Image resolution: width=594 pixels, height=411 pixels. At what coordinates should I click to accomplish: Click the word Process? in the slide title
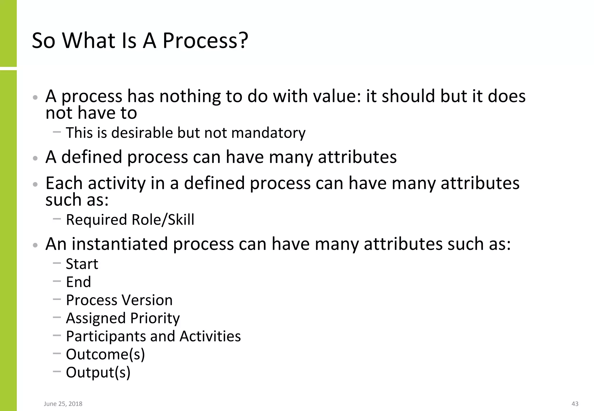click(x=205, y=41)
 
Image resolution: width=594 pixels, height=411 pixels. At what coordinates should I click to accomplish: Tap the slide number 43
click(x=575, y=404)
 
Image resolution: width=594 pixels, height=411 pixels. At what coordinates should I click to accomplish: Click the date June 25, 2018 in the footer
click(x=63, y=404)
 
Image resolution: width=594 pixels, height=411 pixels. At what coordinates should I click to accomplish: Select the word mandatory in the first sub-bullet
click(x=268, y=133)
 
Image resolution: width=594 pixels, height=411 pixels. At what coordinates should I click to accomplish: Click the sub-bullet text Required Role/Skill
click(x=130, y=219)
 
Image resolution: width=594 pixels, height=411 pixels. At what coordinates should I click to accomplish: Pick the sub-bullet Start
click(x=82, y=264)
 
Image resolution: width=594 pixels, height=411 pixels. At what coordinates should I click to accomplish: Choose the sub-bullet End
click(x=78, y=282)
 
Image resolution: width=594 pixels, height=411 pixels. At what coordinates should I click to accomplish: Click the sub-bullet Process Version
click(x=119, y=300)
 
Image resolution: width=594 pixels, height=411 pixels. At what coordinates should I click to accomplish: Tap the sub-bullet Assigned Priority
click(x=123, y=318)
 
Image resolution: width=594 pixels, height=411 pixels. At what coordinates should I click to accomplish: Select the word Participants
click(x=106, y=336)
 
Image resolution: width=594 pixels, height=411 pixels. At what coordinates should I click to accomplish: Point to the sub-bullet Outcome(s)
click(x=105, y=354)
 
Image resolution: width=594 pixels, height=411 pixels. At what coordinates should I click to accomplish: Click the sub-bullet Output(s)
click(x=98, y=372)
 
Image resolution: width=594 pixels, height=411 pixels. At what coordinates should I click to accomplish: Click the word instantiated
click(x=120, y=244)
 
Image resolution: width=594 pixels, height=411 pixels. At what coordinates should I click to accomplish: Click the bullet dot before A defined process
click(x=35, y=158)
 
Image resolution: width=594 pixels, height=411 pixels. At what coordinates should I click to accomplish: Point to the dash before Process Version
click(x=57, y=299)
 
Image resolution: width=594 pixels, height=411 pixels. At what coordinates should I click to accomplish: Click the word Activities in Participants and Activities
click(x=210, y=336)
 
